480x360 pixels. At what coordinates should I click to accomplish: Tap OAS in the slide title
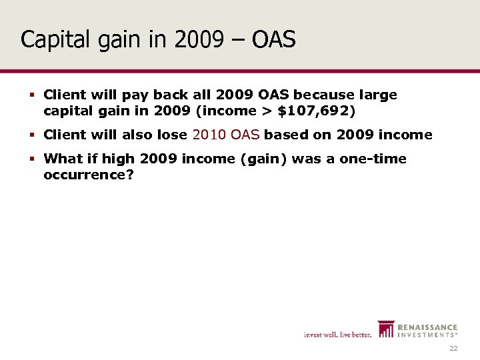coord(273,40)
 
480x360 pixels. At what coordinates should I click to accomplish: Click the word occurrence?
coord(85,175)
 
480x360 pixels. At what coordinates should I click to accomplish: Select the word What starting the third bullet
coord(62,159)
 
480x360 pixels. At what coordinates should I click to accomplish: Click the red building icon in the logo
coord(385,329)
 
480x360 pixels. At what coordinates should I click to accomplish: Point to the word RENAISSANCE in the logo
coord(428,327)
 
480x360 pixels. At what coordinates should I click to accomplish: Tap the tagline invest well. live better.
coord(337,335)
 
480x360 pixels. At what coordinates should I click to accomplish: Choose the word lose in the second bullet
coord(173,135)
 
